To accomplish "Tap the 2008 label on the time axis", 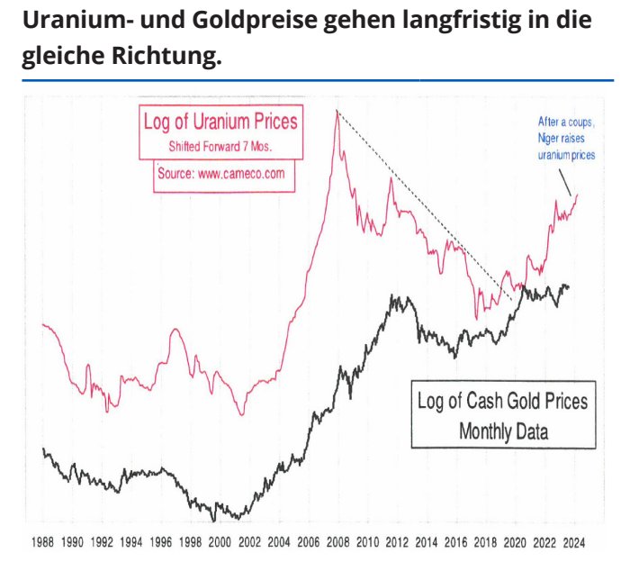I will click(338, 544).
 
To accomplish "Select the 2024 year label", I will click(574, 544).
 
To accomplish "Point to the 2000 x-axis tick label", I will click(220, 544).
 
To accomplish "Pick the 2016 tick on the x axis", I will click(456, 544).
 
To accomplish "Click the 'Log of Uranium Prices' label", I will click(220, 121).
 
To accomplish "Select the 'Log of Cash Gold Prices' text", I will click(502, 401).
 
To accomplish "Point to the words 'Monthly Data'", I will click(503, 431).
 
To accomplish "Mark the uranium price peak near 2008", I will click(337, 112).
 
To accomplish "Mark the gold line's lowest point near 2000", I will click(214, 520).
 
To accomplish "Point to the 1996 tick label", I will click(162, 544).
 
